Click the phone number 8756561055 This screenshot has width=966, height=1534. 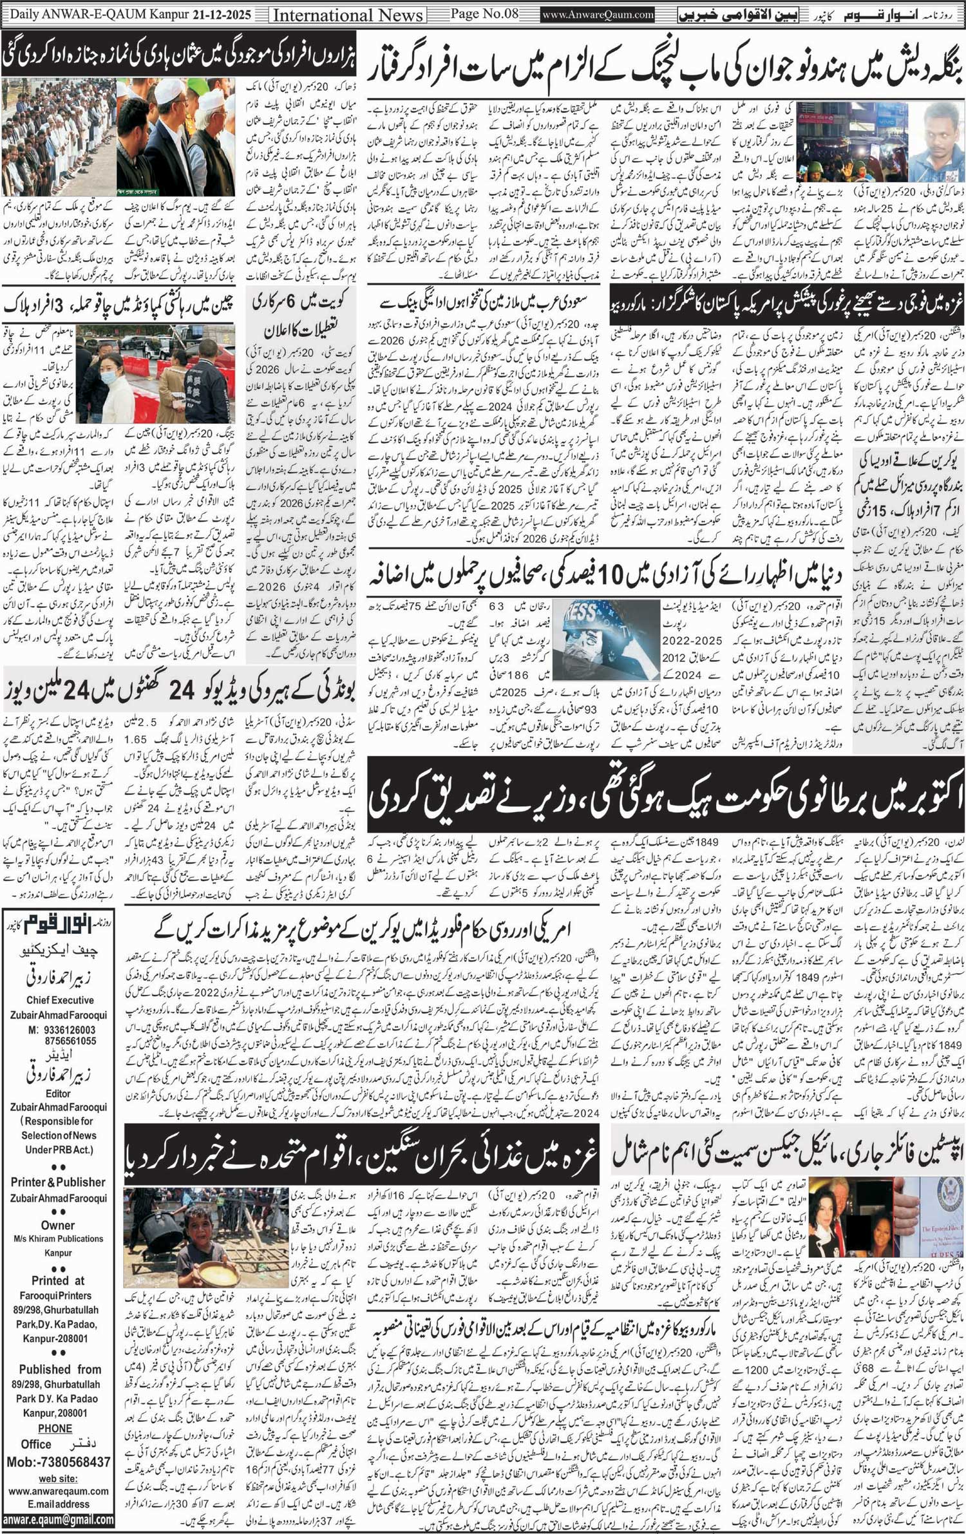click(70, 1041)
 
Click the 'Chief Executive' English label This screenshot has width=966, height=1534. click(59, 1000)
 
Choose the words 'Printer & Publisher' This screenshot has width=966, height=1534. click(58, 1182)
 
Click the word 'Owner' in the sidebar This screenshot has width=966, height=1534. click(58, 1225)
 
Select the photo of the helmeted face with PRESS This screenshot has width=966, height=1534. click(605, 639)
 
